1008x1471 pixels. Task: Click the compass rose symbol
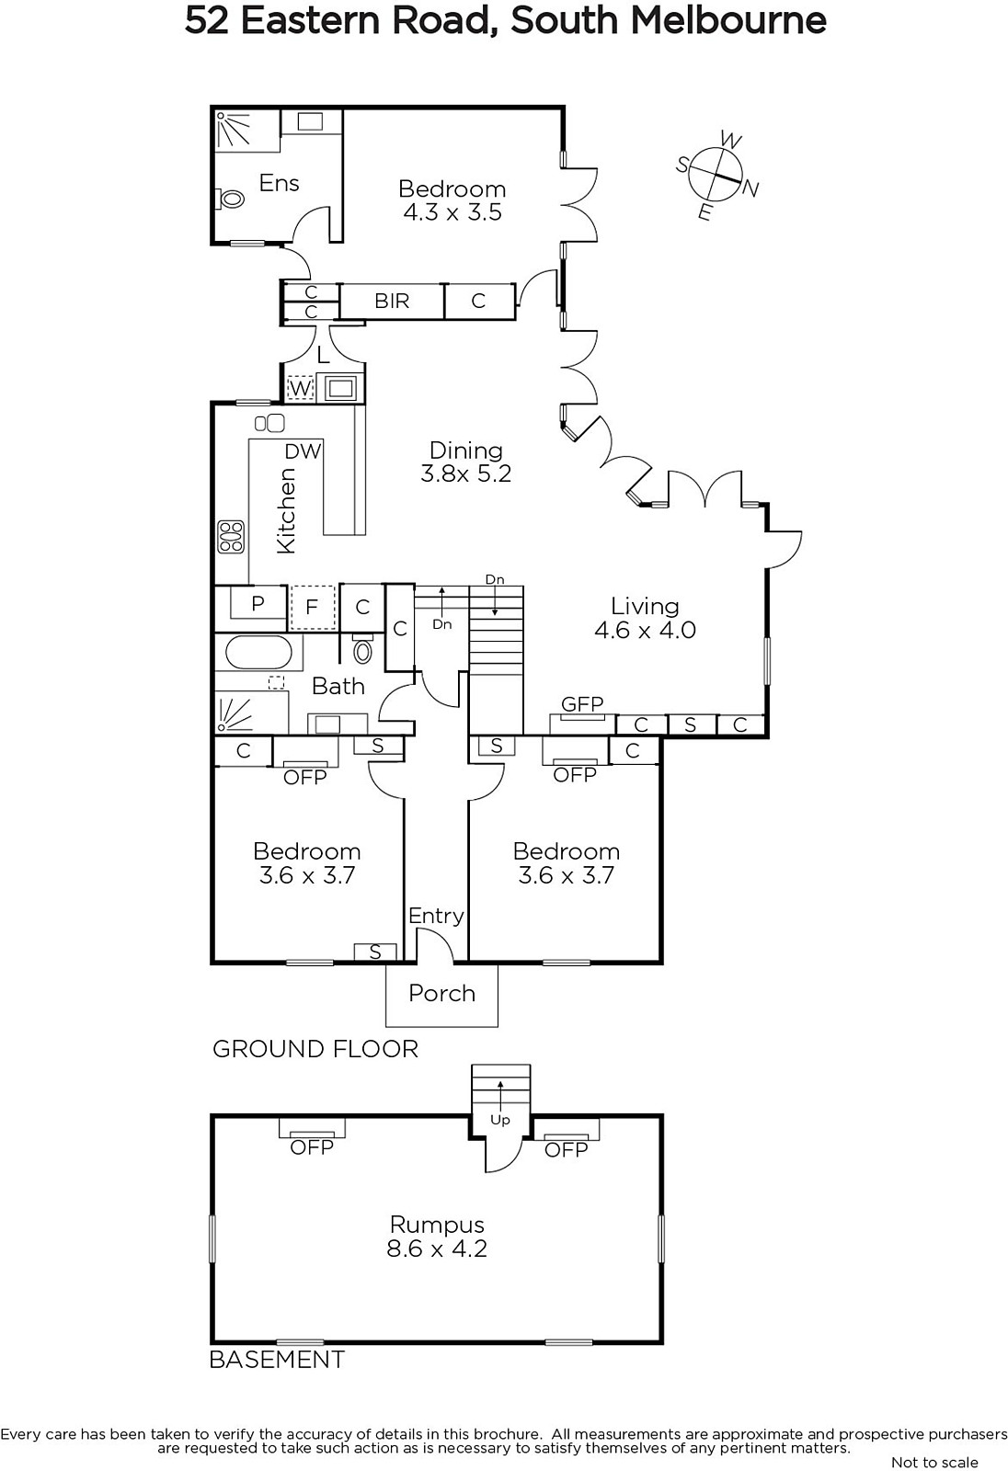tap(716, 173)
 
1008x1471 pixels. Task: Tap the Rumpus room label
tap(437, 1225)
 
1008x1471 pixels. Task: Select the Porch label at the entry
tap(441, 993)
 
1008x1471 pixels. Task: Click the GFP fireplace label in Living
tap(582, 704)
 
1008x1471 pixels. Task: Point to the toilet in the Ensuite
tap(229, 197)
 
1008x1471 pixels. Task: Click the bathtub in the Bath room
tap(258, 652)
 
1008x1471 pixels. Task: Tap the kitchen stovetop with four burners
tap(231, 537)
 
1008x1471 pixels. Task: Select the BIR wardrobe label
tap(392, 301)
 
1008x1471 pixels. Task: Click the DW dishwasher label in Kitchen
tap(303, 451)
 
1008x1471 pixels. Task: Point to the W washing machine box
tap(301, 388)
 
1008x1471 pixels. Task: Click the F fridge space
tap(312, 607)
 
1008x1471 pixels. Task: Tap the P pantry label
tap(258, 603)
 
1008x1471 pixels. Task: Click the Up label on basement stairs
tap(500, 1121)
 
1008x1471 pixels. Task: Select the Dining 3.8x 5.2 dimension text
tap(466, 473)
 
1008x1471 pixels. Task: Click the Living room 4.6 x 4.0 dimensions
tap(645, 630)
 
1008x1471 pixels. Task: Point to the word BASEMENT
tap(277, 1360)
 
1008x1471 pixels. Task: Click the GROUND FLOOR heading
tap(315, 1049)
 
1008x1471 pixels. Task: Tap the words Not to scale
tap(934, 1462)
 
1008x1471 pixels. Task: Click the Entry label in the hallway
tap(436, 916)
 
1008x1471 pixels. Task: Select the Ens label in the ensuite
tap(279, 183)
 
